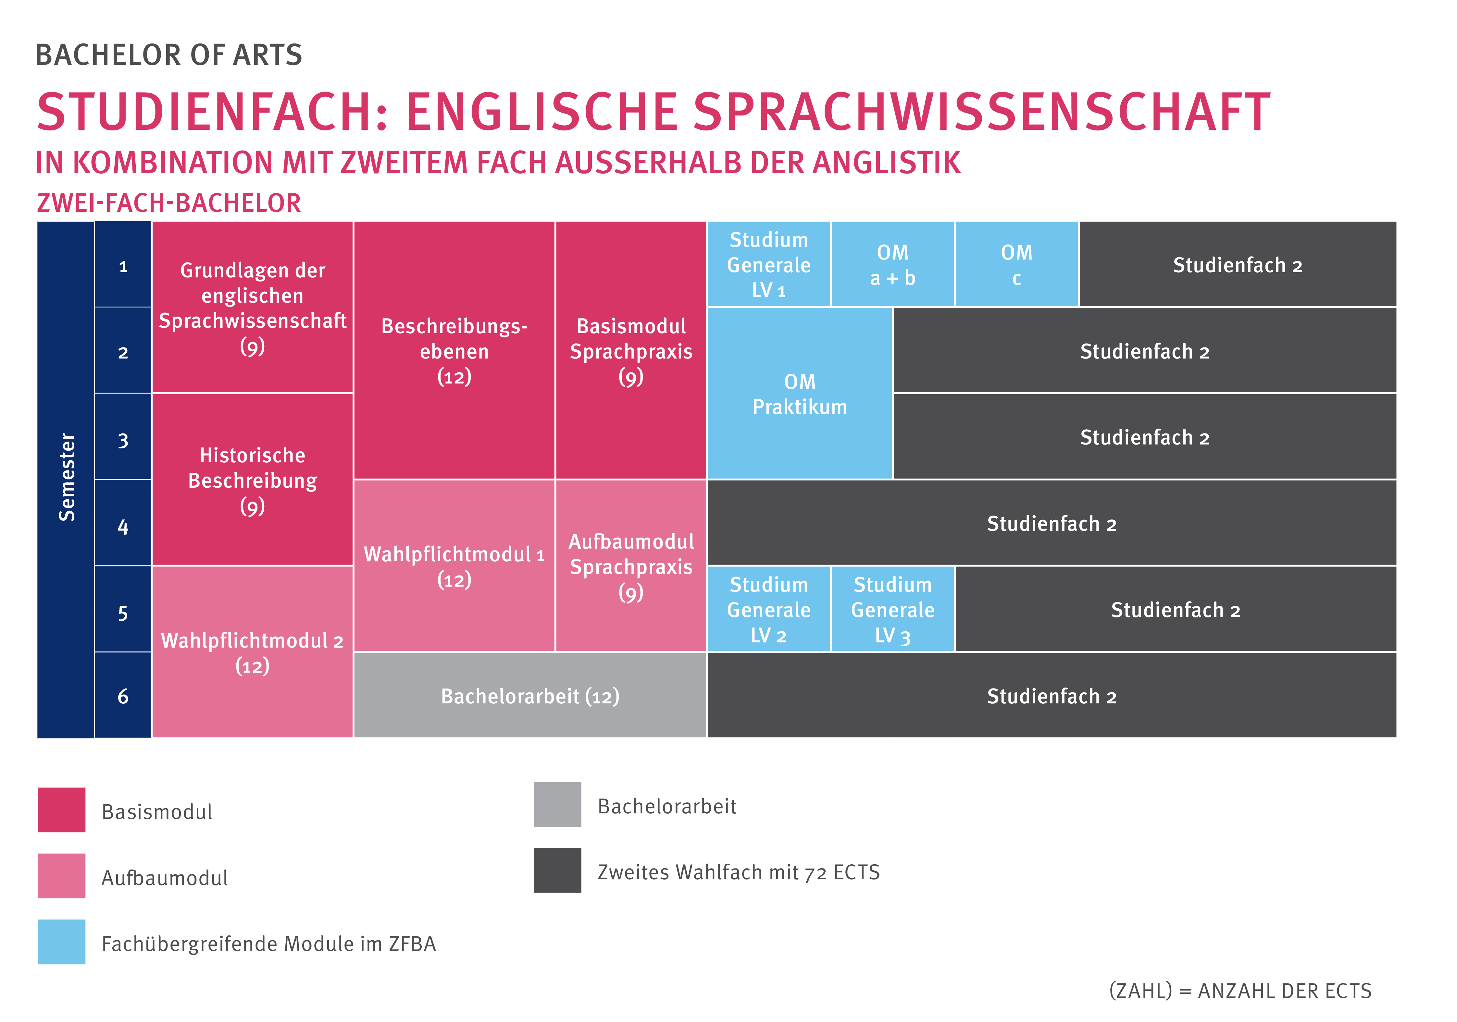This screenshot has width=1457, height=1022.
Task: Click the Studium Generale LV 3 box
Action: click(x=892, y=609)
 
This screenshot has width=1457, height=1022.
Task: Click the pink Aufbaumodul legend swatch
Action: click(x=62, y=875)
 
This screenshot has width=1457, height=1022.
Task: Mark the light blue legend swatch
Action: click(x=62, y=942)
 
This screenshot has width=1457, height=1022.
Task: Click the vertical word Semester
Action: click(x=67, y=477)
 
